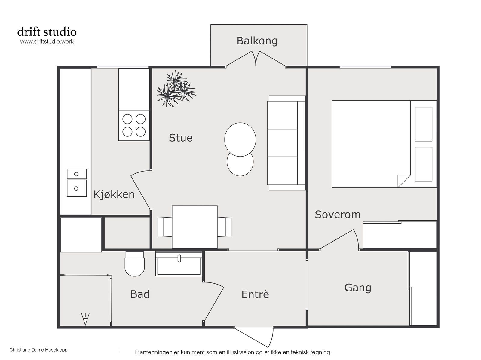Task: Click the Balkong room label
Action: (257, 41)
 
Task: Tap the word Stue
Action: (181, 138)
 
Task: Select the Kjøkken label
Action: (114, 194)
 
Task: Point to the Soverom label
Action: (338, 214)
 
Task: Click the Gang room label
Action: (358, 288)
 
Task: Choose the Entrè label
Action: (255, 294)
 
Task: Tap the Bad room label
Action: (140, 294)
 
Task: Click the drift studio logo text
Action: (47, 32)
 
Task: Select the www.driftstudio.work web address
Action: (47, 41)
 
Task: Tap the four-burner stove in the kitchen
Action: (134, 125)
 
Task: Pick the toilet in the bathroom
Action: (135, 264)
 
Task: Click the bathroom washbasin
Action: (179, 264)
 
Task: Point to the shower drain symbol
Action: (85, 319)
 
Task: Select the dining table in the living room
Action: (195, 227)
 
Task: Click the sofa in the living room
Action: (286, 143)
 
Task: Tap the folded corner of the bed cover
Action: (404, 181)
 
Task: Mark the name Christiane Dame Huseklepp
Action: (38, 350)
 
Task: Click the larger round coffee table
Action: (240, 139)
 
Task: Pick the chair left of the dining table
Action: (165, 227)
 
